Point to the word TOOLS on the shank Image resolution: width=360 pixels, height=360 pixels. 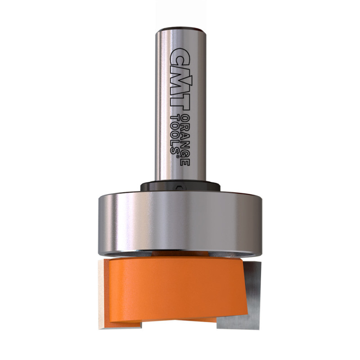pyautogui.click(x=174, y=134)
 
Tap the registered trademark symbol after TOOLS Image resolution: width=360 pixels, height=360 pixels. pyautogui.click(x=177, y=156)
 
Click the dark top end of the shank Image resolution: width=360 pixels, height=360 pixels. pyautogui.click(x=180, y=30)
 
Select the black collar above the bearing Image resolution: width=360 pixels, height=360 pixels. pyautogui.click(x=180, y=186)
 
